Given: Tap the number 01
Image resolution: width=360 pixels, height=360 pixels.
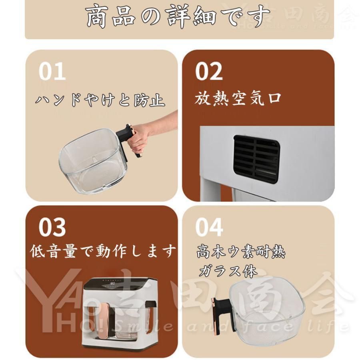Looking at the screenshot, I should click(x=52, y=72).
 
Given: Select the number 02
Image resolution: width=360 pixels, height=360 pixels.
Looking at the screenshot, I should click(x=209, y=72).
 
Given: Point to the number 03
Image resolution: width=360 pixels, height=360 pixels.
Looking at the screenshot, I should click(x=52, y=227).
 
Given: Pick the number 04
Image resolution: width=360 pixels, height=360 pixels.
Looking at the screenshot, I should click(x=209, y=227).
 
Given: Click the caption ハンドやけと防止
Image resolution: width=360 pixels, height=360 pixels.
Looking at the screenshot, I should click(x=100, y=100).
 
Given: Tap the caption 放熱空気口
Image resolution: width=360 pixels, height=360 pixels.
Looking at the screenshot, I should click(x=238, y=98).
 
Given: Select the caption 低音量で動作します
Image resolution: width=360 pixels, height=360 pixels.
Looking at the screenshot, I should click(x=103, y=252).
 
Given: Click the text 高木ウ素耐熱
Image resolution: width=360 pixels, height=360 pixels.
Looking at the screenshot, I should click(x=241, y=253).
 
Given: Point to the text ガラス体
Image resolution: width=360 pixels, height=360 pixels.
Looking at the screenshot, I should click(x=228, y=272).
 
